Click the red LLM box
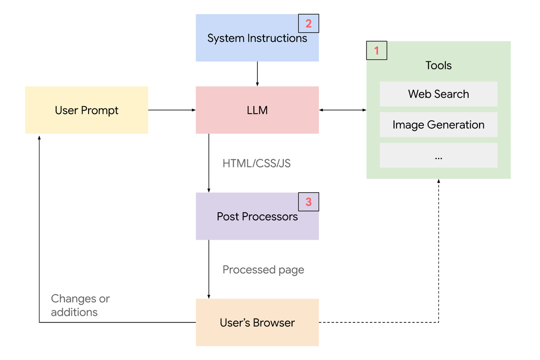pyautogui.click(x=257, y=110)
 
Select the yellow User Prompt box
pyautogui.click(x=86, y=110)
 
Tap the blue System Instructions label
pyautogui.click(x=257, y=38)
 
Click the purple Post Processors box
pyautogui.click(x=257, y=216)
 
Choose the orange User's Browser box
pyautogui.click(x=257, y=322)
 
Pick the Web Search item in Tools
pyautogui.click(x=438, y=94)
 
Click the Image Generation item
pyautogui.click(x=438, y=125)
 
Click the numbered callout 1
pyautogui.click(x=376, y=51)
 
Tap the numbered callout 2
pyautogui.click(x=308, y=23)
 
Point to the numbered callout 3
pyautogui.click(x=308, y=202)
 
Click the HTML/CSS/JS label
pyautogui.click(x=257, y=163)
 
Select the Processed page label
pyautogui.click(x=263, y=270)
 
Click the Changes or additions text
pyautogui.click(x=80, y=305)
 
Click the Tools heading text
pyautogui.click(x=438, y=65)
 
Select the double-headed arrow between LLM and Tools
pyautogui.click(x=343, y=110)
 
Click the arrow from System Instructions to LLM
pyautogui.click(x=257, y=73)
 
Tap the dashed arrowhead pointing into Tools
pyautogui.click(x=439, y=182)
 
